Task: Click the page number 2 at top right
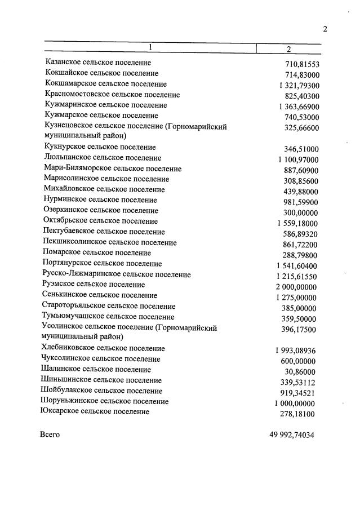[325, 29]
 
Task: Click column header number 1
[150, 48]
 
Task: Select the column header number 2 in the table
[288, 49]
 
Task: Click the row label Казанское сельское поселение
[98, 63]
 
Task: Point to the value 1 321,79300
[299, 86]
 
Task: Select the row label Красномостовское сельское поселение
[112, 94]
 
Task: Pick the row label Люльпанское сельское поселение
[103, 158]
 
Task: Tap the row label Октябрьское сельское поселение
[100, 221]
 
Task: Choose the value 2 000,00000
[296, 287]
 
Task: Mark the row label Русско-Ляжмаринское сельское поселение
[117, 274]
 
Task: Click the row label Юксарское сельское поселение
[95, 412]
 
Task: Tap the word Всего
[50, 434]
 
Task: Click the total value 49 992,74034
[292, 435]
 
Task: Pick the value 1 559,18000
[297, 223]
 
